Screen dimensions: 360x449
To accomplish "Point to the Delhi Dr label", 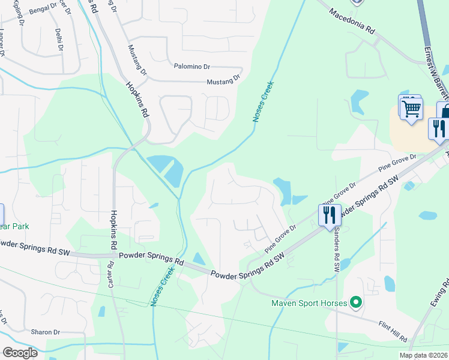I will (x=59, y=39).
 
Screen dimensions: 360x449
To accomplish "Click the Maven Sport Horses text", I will (x=310, y=303).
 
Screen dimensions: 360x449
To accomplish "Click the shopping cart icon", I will (x=412, y=109).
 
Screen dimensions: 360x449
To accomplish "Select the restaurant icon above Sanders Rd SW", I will (x=329, y=214).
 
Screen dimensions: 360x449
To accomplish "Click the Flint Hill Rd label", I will (x=393, y=328).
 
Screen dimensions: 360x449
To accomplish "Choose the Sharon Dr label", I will (x=46, y=332).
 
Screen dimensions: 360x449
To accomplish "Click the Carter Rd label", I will (x=110, y=274).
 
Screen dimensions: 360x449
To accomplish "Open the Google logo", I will (x=20, y=353).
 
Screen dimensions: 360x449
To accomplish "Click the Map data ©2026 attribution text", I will (x=423, y=355).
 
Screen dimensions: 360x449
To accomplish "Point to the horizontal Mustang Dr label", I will (x=223, y=79).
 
